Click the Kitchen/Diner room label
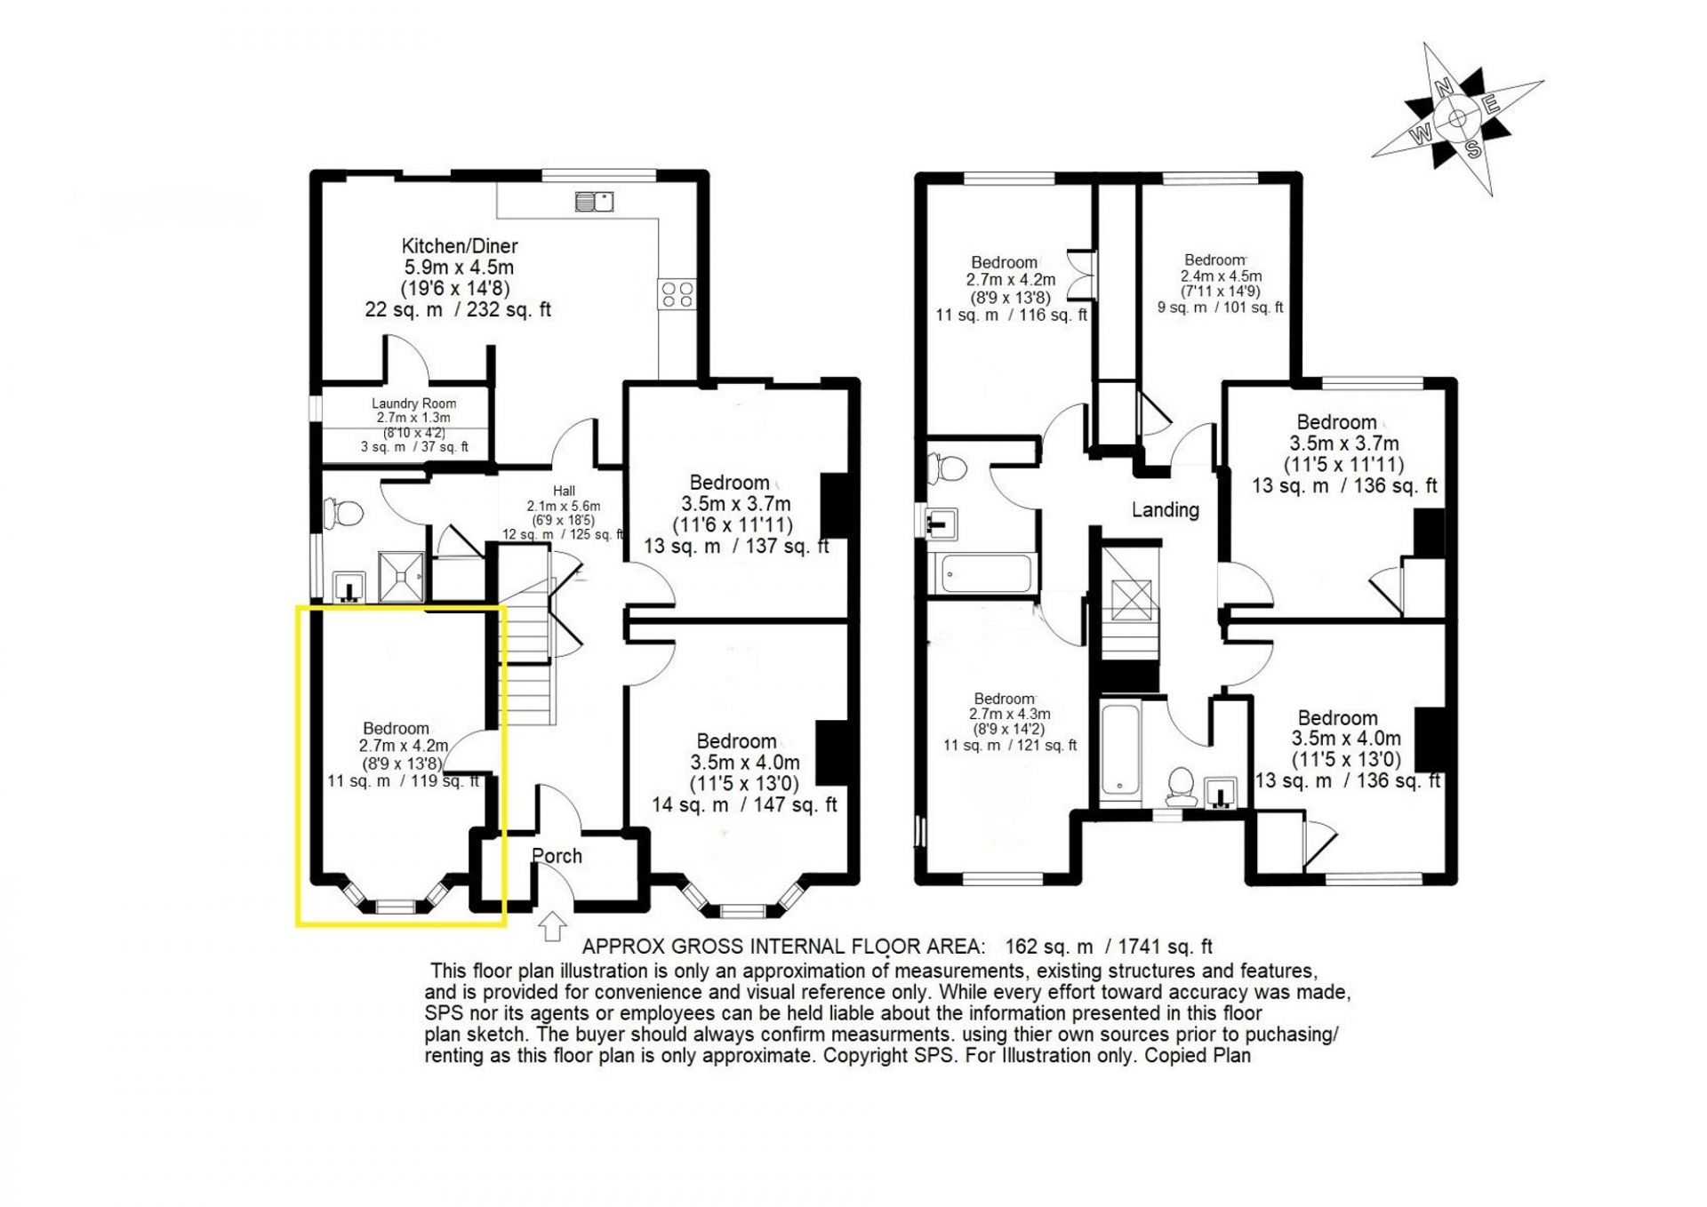pyautogui.click(x=459, y=246)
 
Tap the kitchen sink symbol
pyautogui.click(x=595, y=201)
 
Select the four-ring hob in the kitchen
pyautogui.click(x=677, y=293)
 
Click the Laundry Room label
pyautogui.click(x=413, y=404)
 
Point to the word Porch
pyautogui.click(x=557, y=856)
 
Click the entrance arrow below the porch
pyautogui.click(x=552, y=925)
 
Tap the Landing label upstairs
pyautogui.click(x=1165, y=510)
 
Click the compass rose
pyautogui.click(x=1459, y=118)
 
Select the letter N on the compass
pyautogui.click(x=1445, y=86)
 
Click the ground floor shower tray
pyautogui.click(x=403, y=576)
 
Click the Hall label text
pyautogui.click(x=564, y=491)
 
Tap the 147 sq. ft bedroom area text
pyautogui.click(x=795, y=805)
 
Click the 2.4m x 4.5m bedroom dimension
pyautogui.click(x=1222, y=276)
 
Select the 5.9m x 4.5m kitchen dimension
pyautogui.click(x=459, y=268)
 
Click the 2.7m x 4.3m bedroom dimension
pyautogui.click(x=1010, y=714)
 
